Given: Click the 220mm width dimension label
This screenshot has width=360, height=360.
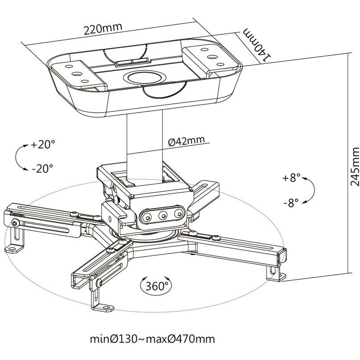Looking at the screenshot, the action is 102,29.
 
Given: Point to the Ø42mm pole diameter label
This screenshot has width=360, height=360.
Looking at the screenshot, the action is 186,141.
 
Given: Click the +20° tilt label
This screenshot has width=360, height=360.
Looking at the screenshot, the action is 43,145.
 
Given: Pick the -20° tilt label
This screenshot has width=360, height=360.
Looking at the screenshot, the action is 42,168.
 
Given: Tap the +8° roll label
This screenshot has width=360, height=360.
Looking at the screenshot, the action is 291,178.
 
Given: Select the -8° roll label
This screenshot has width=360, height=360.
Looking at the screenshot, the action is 291,203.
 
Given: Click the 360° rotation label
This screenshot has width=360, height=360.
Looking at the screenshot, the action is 157,286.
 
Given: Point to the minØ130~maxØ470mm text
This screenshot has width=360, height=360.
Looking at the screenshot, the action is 152,339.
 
